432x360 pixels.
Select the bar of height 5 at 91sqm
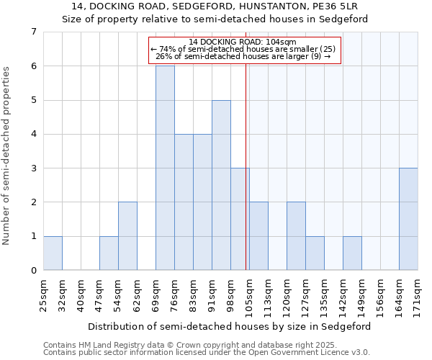coord(221,185)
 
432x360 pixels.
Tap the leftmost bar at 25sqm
coord(53,253)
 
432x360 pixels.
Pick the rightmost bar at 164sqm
coord(408,219)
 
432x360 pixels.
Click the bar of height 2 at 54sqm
coord(127,236)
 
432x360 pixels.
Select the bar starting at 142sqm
coord(352,253)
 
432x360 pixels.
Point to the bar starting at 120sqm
coord(296,236)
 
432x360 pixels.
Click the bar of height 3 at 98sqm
coord(240,219)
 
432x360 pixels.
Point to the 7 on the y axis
coord(33,32)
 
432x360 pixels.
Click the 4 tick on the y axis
coord(33,134)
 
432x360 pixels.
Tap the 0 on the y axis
coord(33,271)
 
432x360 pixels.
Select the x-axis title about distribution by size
coord(230,326)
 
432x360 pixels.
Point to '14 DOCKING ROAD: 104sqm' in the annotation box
coord(243,42)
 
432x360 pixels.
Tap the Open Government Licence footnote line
coord(207,353)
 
